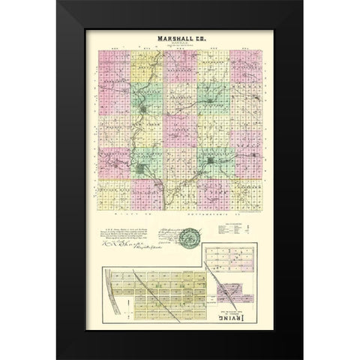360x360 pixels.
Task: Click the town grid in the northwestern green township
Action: (144, 115)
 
